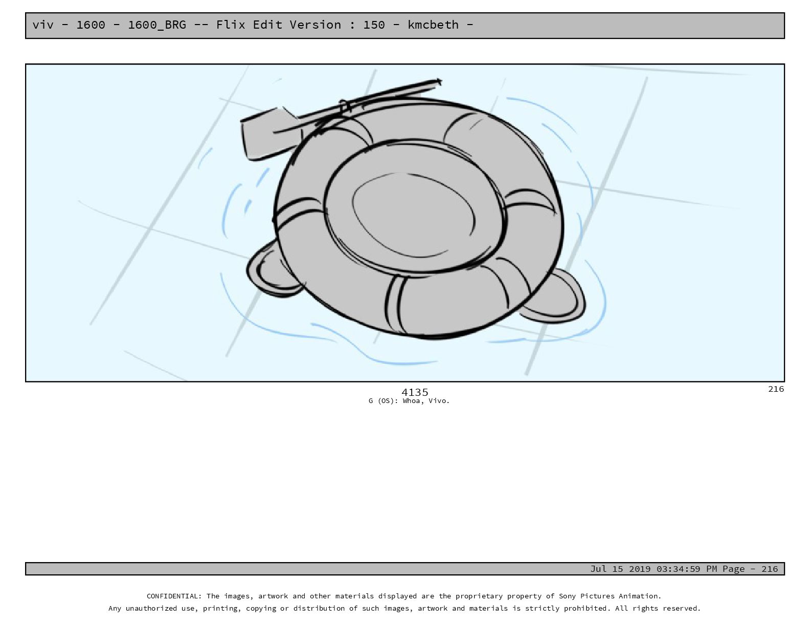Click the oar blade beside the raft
click(x=266, y=134)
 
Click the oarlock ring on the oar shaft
click(x=345, y=106)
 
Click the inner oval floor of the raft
click(x=413, y=215)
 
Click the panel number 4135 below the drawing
click(x=415, y=392)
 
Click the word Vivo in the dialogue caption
click(x=439, y=401)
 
